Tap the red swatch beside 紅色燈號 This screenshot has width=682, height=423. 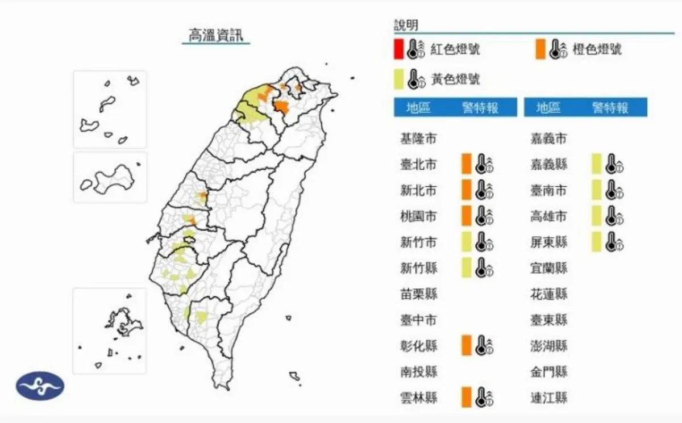pos(398,49)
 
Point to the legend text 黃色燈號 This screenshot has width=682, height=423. pos(455,79)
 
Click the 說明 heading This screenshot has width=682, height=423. pos(406,25)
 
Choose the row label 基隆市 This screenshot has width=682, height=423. pos(419,139)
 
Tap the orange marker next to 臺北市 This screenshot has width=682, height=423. pos(467,164)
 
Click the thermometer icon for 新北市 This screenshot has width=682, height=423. pos(484,190)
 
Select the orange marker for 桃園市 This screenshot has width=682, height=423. pos(467,216)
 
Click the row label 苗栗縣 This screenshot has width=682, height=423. pos(419,294)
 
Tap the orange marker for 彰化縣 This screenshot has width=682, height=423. pos(467,345)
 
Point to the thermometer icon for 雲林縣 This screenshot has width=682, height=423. pos(484,397)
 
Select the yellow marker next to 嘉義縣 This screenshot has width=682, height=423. pos(596,164)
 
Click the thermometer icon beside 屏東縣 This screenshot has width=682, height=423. pos(614,242)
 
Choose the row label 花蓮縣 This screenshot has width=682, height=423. pos(548,294)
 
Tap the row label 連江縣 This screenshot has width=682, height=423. pos(548,397)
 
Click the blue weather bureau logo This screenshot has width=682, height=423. pos(40,386)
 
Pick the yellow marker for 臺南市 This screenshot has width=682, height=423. pos(596,190)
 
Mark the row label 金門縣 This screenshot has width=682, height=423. pos(548,372)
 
